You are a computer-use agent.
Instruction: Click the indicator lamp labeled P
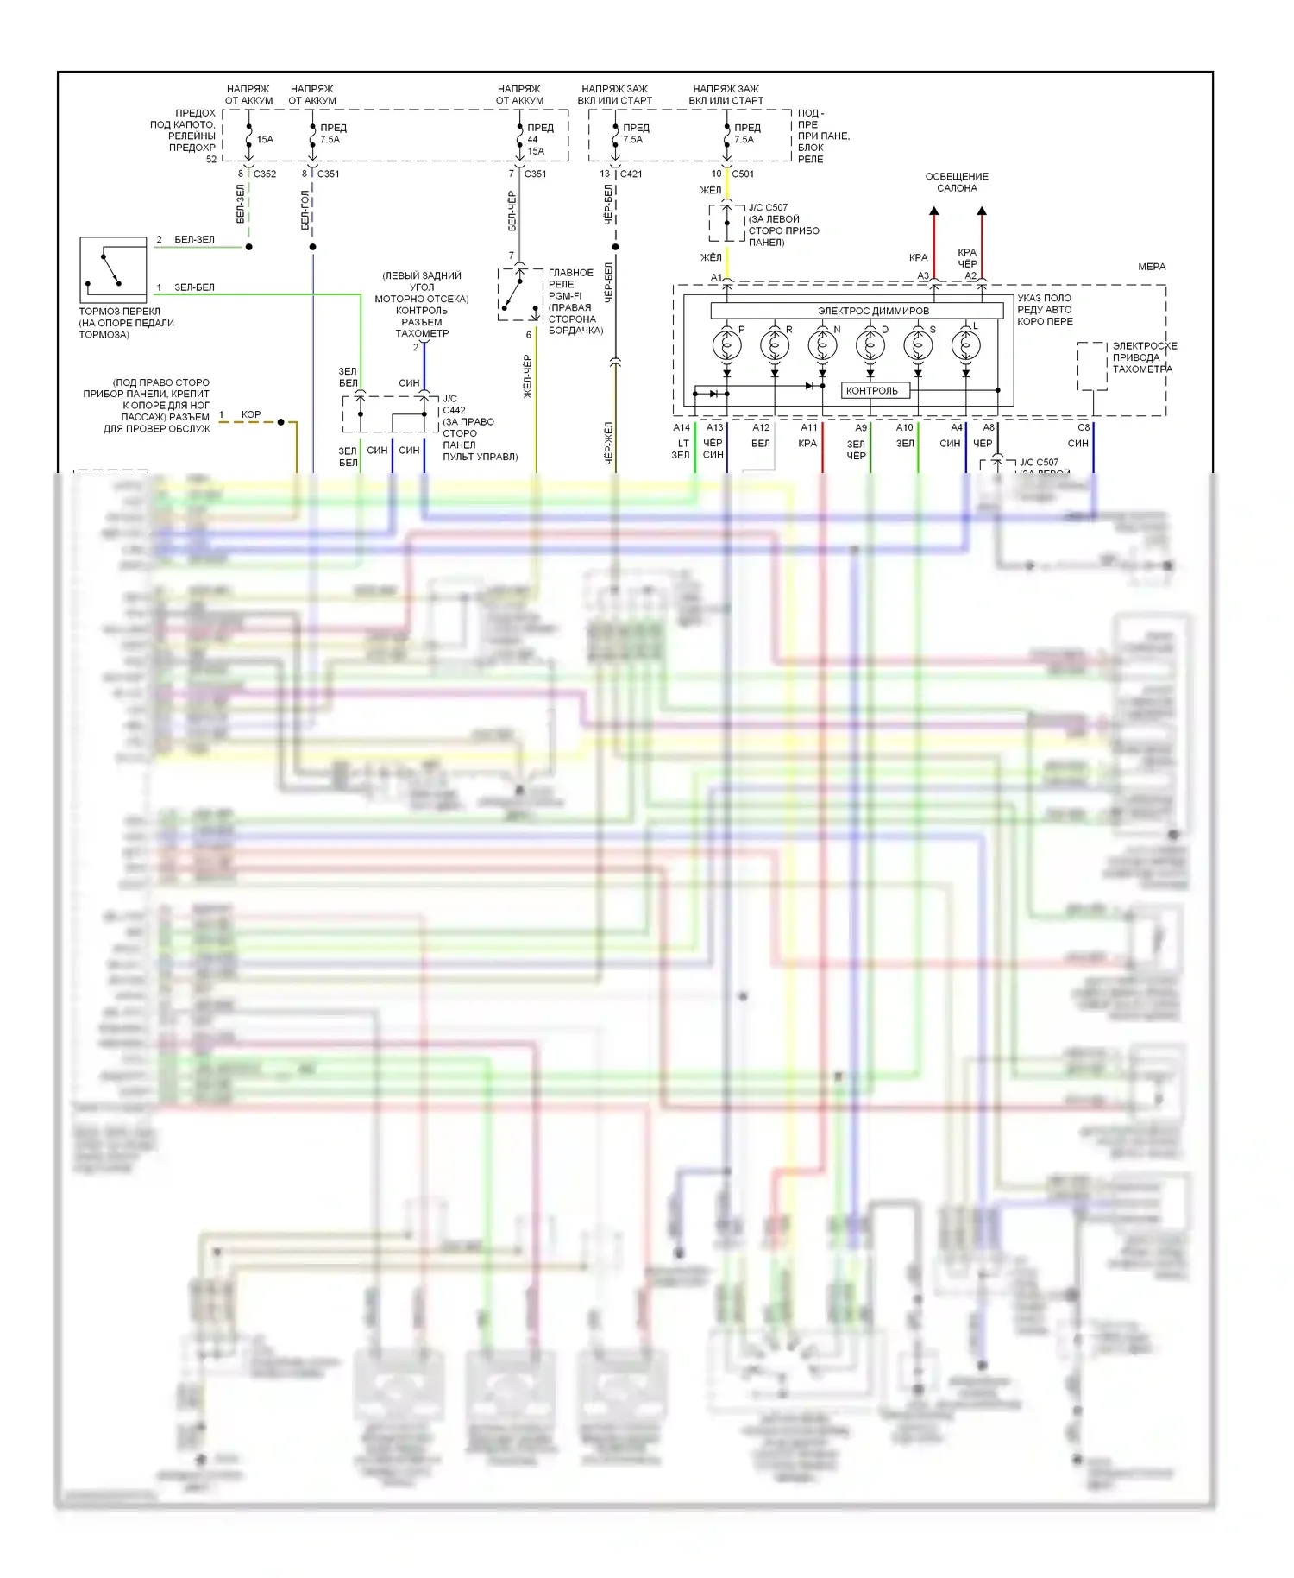(726, 346)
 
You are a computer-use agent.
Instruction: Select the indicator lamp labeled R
(774, 346)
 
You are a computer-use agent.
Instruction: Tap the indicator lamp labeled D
(870, 346)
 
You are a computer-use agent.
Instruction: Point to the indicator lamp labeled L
(964, 346)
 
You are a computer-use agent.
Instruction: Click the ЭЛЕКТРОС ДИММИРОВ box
(857, 311)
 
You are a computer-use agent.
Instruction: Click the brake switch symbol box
(113, 270)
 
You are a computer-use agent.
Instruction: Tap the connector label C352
(265, 174)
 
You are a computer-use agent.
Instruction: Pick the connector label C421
(631, 174)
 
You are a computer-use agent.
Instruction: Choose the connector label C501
(743, 174)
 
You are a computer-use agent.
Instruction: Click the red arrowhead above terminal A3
(934, 211)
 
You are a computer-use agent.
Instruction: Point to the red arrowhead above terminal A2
(982, 211)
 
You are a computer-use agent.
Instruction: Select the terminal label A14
(682, 427)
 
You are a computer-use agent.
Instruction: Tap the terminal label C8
(1084, 427)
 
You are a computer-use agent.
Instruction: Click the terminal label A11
(808, 427)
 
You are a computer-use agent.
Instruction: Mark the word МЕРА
(1152, 267)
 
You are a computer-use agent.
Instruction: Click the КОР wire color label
(251, 414)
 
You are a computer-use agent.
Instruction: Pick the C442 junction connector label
(454, 410)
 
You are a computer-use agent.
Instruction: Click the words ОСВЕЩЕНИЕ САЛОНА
(957, 182)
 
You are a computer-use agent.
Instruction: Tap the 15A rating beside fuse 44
(536, 151)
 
